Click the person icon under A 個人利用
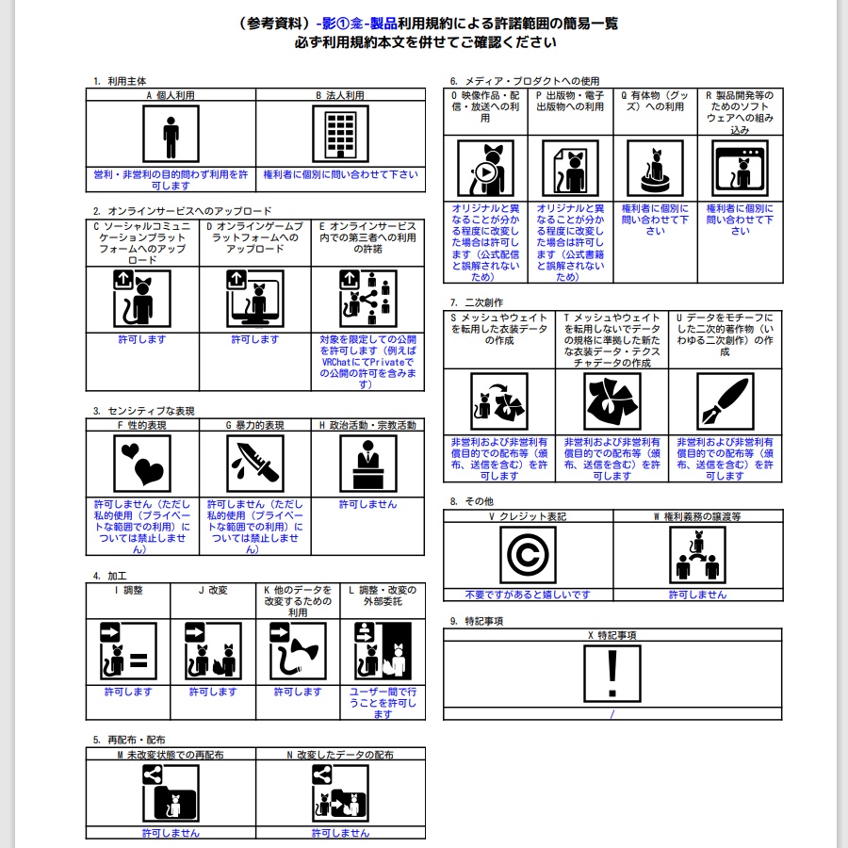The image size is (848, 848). (x=171, y=135)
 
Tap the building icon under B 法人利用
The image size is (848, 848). (x=339, y=135)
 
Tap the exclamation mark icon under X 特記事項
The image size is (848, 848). (x=612, y=675)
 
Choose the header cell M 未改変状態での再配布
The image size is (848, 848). (x=170, y=755)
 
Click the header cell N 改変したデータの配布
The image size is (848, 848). (x=339, y=755)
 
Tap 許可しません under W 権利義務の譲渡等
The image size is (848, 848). (x=697, y=595)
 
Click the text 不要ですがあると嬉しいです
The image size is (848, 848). (x=528, y=595)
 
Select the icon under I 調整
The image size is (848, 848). (x=128, y=651)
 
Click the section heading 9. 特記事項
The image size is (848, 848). (x=477, y=620)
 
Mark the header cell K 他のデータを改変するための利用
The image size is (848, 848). (x=298, y=601)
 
